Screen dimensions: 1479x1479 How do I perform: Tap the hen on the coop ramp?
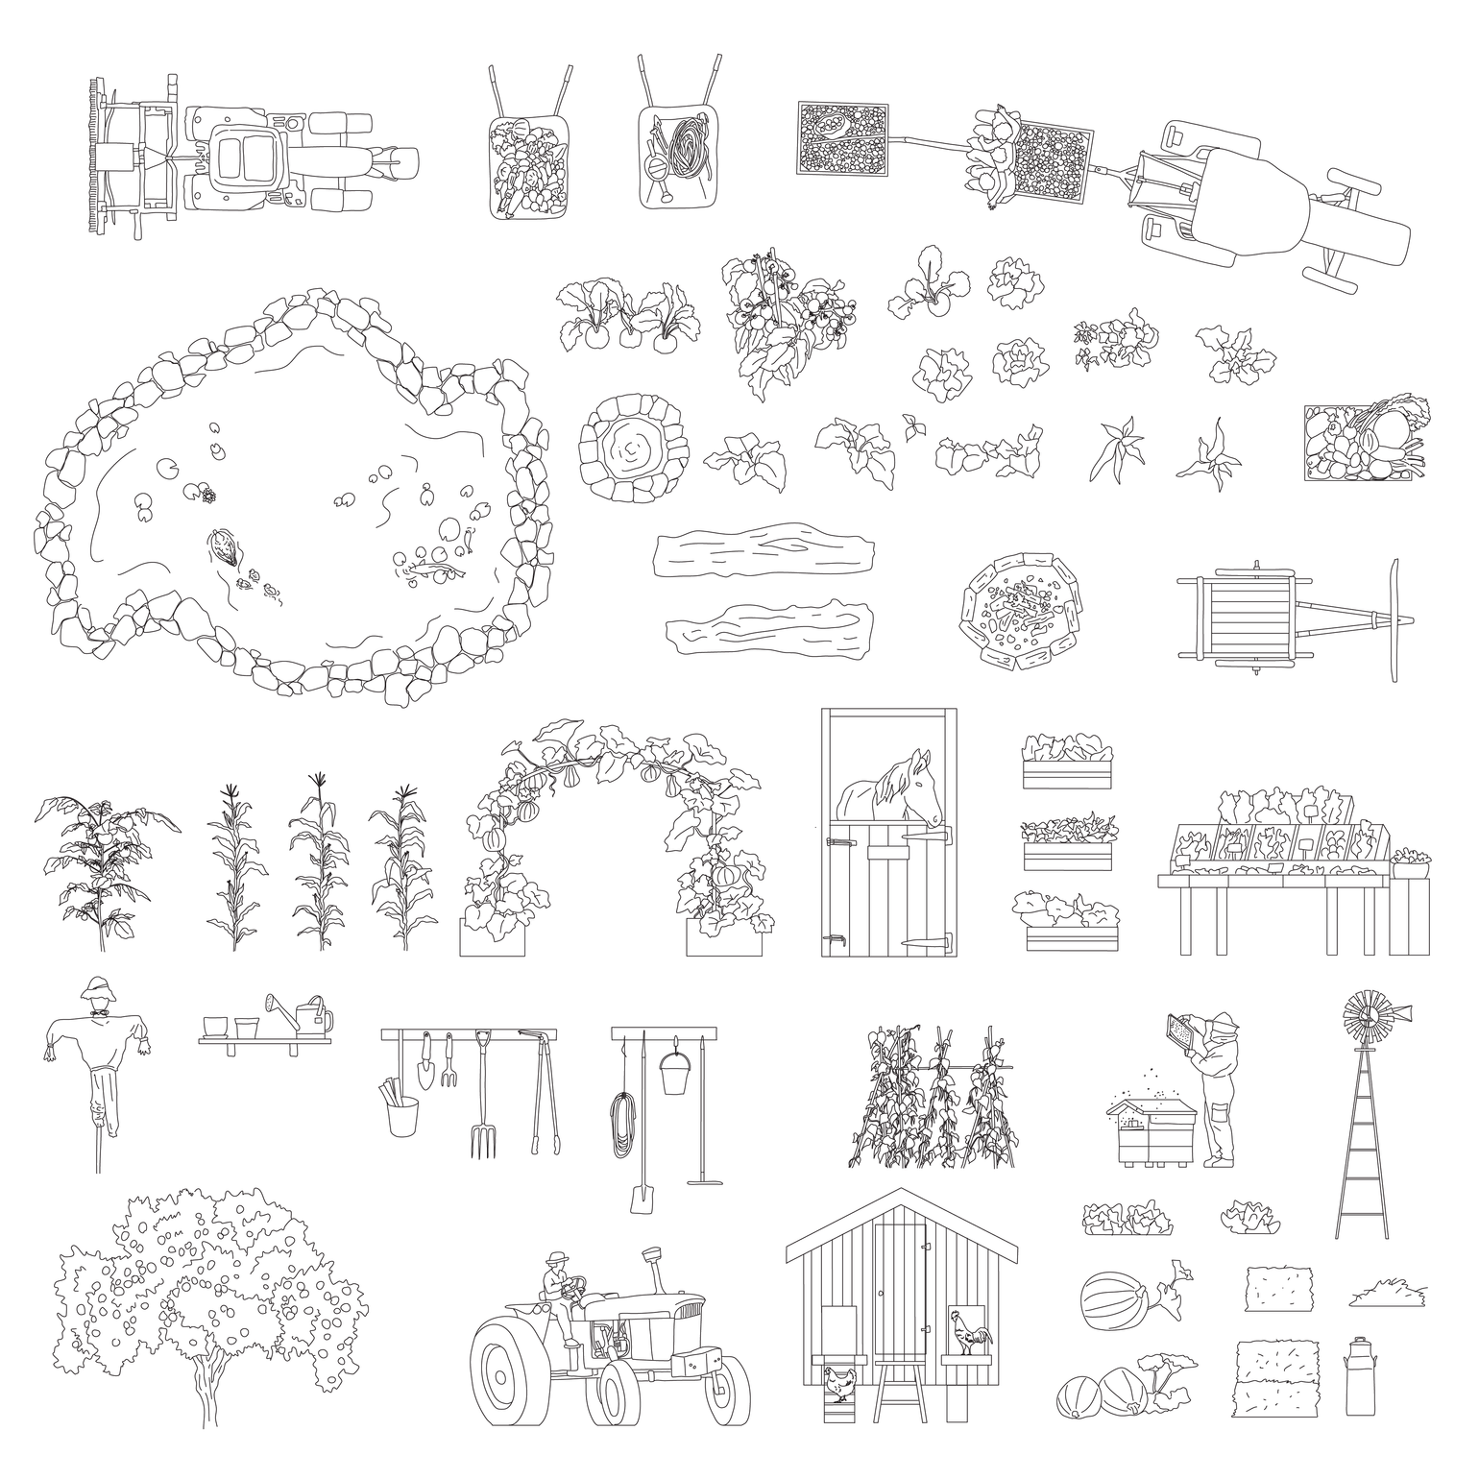839,1383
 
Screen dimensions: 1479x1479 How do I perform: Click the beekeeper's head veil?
1224,1031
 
